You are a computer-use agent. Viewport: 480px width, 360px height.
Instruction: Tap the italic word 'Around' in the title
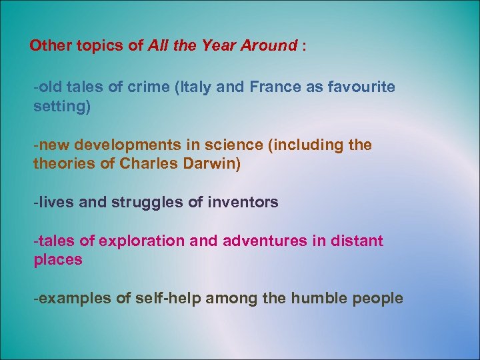(271, 46)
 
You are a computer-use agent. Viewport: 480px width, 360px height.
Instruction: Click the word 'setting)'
(61, 107)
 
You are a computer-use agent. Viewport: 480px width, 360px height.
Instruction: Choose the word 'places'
(58, 260)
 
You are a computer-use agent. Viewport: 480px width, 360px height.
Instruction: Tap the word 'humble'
(317, 298)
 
